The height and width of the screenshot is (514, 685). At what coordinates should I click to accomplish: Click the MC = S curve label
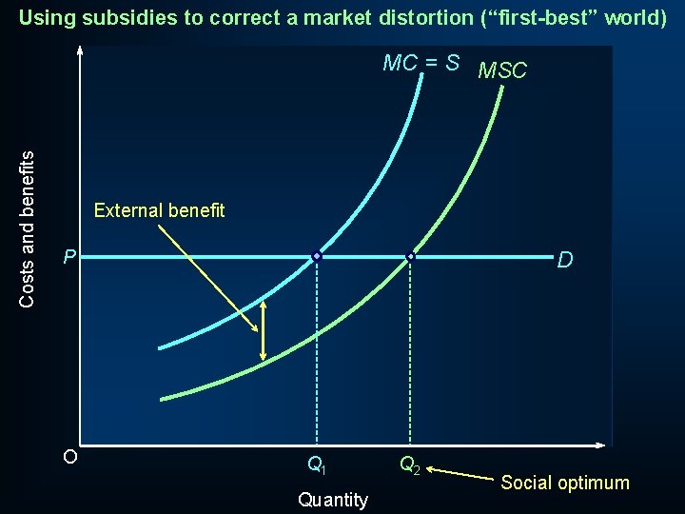click(x=421, y=64)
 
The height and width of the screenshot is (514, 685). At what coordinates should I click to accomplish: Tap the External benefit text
click(x=160, y=210)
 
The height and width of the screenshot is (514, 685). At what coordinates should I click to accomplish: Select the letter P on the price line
click(x=68, y=257)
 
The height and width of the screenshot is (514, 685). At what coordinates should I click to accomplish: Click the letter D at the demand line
click(x=565, y=260)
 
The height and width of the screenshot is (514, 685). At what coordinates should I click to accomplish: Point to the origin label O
click(x=69, y=456)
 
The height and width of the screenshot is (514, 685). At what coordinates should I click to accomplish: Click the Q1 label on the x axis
click(x=317, y=465)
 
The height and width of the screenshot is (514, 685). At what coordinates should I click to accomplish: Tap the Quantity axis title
click(x=332, y=500)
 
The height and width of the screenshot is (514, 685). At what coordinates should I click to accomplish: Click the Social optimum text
click(x=565, y=483)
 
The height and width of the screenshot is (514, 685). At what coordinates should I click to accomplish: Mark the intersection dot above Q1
click(x=317, y=257)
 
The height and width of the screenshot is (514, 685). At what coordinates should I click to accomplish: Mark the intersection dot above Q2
click(x=411, y=257)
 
